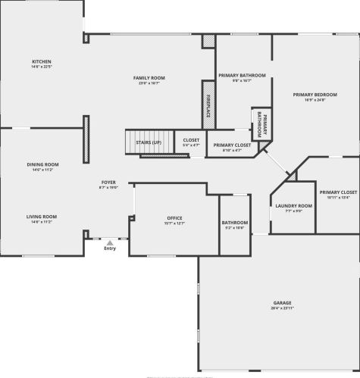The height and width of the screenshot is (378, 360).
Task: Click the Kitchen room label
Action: tap(41, 61)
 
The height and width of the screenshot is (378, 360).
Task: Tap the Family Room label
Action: tap(149, 78)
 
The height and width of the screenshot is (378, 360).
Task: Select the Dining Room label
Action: tap(42, 164)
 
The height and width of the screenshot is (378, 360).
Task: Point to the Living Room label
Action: tap(42, 217)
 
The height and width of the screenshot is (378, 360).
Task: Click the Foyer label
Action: tap(109, 183)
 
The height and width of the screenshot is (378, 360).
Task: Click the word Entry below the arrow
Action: tap(110, 248)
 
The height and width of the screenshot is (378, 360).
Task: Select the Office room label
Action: tap(175, 219)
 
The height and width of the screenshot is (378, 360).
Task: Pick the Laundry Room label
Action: tap(293, 206)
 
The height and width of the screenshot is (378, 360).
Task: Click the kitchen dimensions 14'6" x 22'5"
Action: tap(41, 67)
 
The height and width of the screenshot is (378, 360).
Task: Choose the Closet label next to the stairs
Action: tap(191, 140)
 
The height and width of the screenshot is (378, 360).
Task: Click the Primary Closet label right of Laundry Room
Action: tap(337, 193)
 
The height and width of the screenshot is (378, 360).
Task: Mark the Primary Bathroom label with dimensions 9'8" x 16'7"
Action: tap(242, 76)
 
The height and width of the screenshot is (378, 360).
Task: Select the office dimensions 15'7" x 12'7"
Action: tap(175, 224)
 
